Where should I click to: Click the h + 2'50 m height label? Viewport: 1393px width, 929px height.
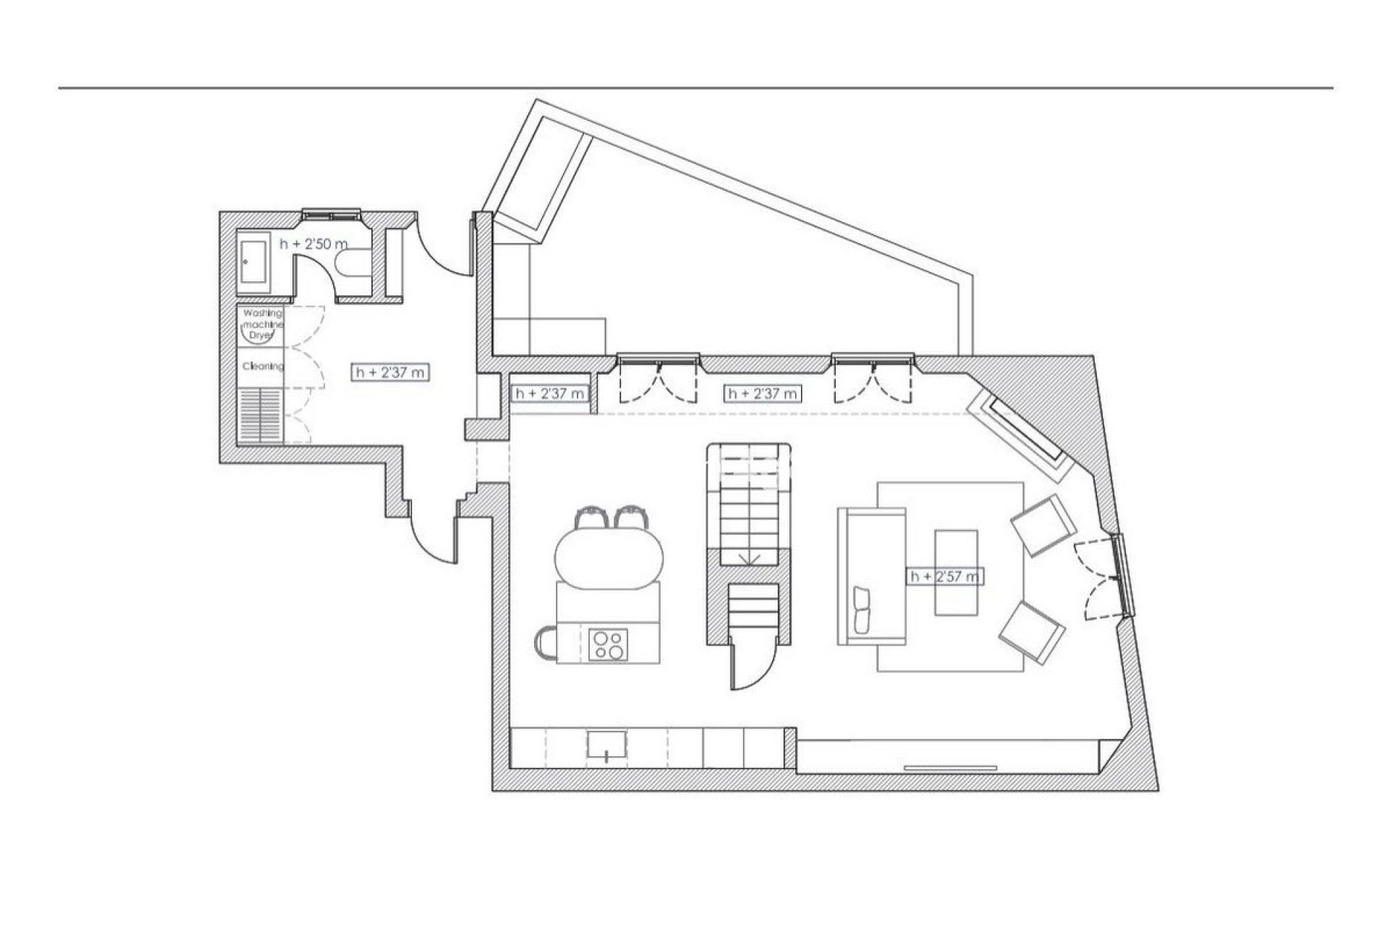(x=313, y=244)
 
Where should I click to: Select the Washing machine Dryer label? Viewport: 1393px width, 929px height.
(x=262, y=324)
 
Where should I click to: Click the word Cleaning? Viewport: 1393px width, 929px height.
(x=263, y=367)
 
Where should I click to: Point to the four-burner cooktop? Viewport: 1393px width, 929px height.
(x=608, y=644)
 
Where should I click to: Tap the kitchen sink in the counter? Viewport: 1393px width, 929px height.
(x=607, y=749)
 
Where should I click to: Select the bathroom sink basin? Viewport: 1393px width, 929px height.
(x=253, y=262)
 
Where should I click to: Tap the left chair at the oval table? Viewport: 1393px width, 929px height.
(x=588, y=518)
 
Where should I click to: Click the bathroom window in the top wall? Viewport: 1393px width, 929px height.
(x=332, y=213)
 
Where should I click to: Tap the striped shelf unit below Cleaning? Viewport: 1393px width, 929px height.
(x=260, y=414)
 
